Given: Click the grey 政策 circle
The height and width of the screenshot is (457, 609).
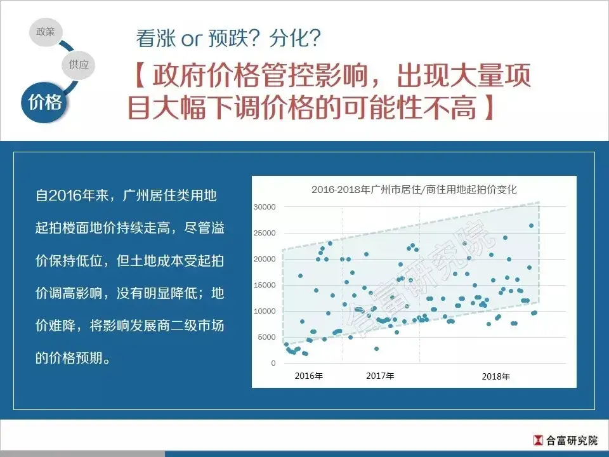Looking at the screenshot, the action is click(46, 32).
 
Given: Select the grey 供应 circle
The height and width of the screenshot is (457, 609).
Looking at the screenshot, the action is click(79, 65).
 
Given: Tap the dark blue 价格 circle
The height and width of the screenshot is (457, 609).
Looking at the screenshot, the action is click(44, 102).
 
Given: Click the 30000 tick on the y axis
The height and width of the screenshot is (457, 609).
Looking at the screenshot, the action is click(265, 207).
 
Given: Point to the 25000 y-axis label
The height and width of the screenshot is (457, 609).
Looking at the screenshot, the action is click(265, 233).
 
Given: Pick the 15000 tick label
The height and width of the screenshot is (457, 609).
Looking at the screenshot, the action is click(265, 285).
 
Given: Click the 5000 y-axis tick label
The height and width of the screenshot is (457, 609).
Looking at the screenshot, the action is click(267, 337).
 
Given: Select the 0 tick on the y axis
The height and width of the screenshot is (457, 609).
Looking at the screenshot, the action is click(273, 363).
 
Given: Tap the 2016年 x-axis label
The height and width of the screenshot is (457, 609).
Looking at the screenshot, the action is click(309, 376).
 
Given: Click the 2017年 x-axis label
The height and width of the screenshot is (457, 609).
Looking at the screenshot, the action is click(380, 376).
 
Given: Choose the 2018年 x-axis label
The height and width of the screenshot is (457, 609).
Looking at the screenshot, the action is click(496, 376).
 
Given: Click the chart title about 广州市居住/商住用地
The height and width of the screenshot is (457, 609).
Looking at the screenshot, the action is click(414, 190).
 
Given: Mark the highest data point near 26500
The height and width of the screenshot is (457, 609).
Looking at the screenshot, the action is click(532, 226).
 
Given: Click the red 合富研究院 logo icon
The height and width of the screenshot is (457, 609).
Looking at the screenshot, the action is click(538, 440).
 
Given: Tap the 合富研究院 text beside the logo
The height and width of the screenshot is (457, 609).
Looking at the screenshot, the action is click(572, 440).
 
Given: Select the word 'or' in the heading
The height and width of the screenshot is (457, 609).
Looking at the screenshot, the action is click(192, 40).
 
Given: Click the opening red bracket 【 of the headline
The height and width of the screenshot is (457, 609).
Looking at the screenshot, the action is click(140, 76).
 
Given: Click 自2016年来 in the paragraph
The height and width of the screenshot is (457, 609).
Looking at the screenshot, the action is click(72, 195).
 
